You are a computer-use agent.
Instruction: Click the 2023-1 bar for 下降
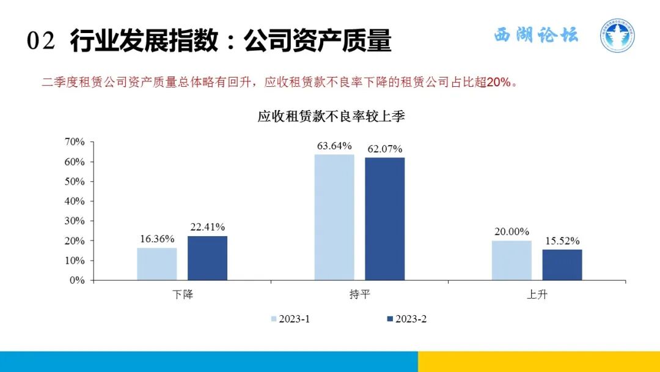156,264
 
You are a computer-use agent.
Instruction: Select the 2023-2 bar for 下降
207,258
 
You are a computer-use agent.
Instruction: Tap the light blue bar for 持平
334,217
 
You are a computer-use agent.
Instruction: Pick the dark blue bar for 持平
384,218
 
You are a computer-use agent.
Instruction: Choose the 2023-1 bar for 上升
512,260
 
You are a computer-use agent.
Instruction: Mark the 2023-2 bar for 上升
562,264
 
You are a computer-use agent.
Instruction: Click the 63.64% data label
334,146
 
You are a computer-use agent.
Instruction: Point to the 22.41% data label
208,228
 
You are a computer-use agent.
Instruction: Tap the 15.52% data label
562,240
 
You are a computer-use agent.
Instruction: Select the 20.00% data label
512,232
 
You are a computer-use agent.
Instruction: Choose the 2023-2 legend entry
406,319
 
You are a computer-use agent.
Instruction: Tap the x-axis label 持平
359,294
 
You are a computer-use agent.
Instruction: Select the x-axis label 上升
537,294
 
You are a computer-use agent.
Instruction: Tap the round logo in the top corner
617,35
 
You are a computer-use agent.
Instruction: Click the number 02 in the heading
42,41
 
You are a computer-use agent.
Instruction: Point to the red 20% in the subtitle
497,83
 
